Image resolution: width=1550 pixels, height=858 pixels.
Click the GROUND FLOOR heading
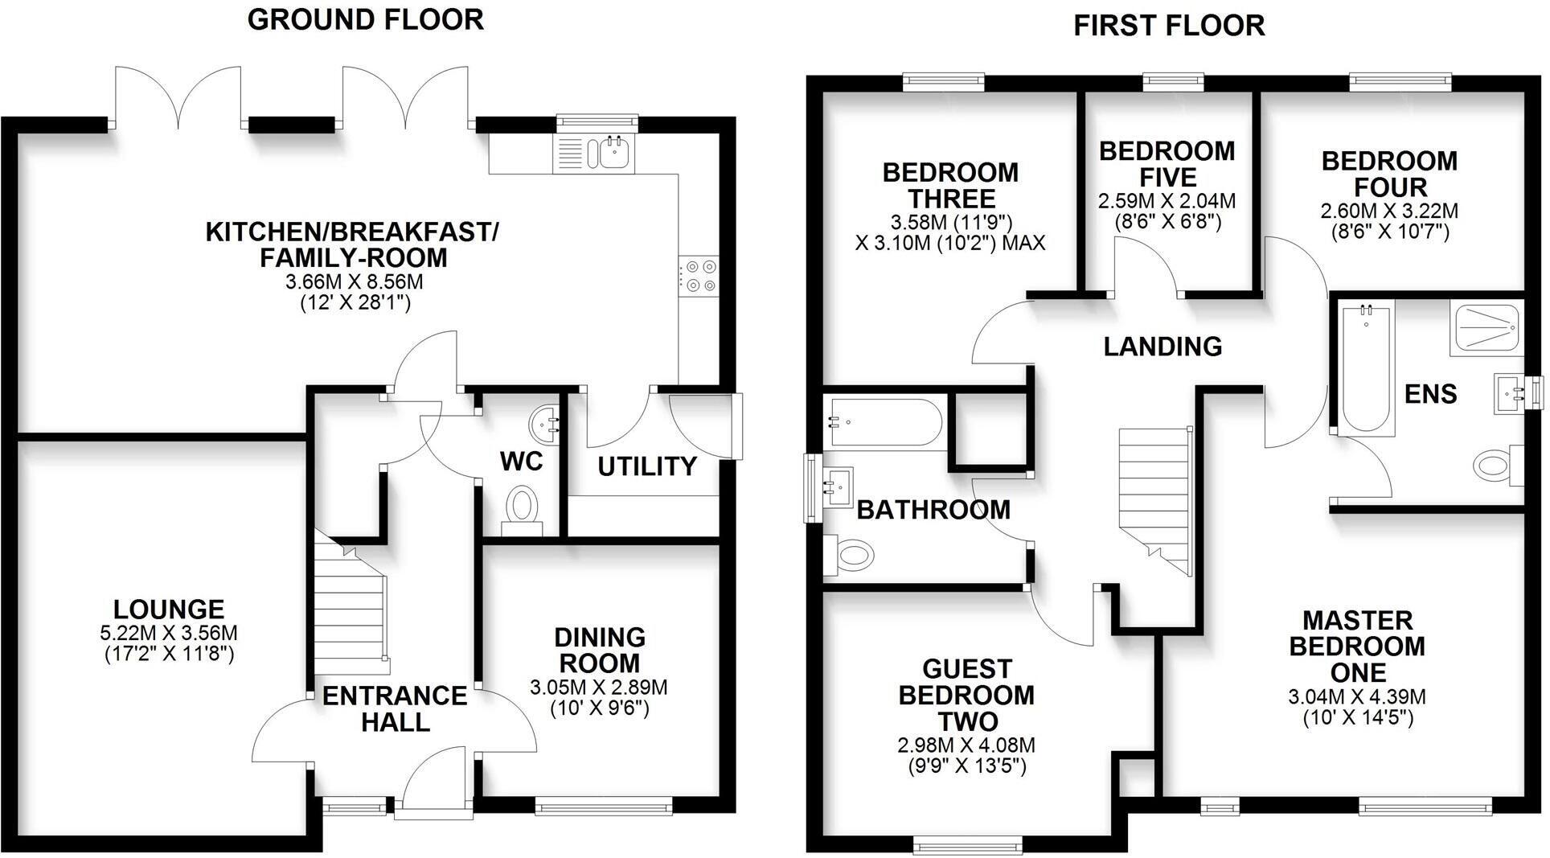[365, 19]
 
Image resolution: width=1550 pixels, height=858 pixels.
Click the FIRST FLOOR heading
[1169, 26]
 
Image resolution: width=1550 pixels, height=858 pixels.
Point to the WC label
[521, 462]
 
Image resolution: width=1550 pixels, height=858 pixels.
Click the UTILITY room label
[646, 466]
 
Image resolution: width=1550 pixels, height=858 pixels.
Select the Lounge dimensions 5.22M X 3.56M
[169, 634]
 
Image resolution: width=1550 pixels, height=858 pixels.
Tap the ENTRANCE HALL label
[395, 708]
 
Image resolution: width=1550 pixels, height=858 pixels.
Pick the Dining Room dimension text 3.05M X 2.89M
[599, 688]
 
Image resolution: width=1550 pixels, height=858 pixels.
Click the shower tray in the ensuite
[1486, 328]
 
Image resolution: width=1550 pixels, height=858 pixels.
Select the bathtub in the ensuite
[1365, 370]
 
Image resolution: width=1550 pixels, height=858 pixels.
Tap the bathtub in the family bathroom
[883, 422]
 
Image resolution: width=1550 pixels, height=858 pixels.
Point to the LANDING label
[1162, 347]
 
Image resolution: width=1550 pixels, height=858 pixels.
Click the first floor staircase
[1154, 499]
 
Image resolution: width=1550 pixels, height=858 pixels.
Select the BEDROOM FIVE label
[1167, 164]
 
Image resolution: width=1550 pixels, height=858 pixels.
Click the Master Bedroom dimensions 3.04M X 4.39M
[1357, 697]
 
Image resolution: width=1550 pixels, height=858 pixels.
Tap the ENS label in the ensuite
[1430, 394]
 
